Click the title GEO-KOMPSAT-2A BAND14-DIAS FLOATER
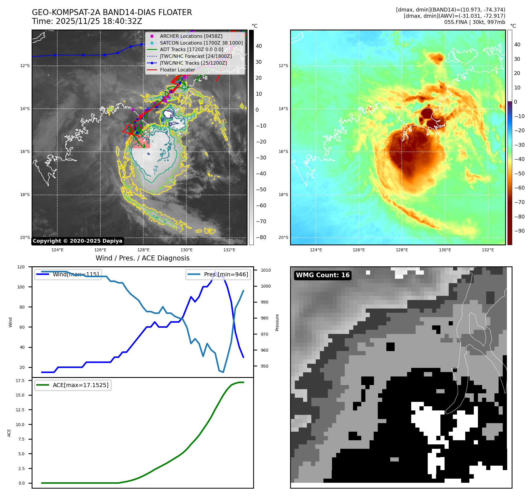tap(112, 12)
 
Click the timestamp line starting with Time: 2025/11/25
tap(87, 21)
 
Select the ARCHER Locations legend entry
tap(191, 36)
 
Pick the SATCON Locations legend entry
tap(201, 43)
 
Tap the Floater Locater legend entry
tap(177, 70)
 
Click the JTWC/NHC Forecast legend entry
tap(196, 56)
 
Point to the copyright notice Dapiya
tap(77, 241)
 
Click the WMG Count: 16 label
tap(323, 275)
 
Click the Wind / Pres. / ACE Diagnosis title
tap(142, 258)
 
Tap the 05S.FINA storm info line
tap(474, 22)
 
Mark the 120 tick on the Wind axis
tap(21, 267)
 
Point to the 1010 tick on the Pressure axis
tap(266, 270)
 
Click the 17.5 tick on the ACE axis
tap(20, 381)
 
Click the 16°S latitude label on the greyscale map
tap(25, 152)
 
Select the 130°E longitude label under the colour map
tap(445, 250)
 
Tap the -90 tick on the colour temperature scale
tap(519, 231)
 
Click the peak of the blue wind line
tap(215, 271)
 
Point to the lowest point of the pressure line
tap(223, 372)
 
